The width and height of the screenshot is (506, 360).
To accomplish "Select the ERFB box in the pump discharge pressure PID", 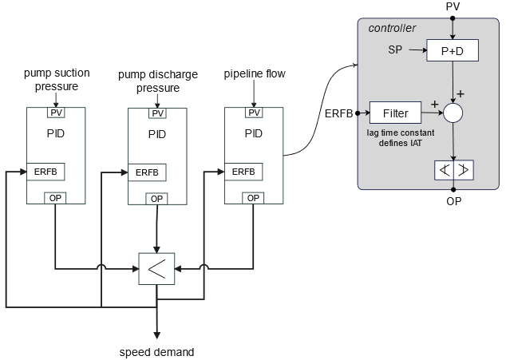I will pyautogui.click(x=147, y=172).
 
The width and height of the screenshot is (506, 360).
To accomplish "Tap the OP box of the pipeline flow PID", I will pyautogui.click(x=252, y=198).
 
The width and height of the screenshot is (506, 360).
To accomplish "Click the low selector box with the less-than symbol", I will pyautogui.click(x=156, y=269).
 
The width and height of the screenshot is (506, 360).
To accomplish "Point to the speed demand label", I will pyautogui.click(x=156, y=351).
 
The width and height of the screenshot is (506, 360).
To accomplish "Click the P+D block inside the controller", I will pyautogui.click(x=452, y=49).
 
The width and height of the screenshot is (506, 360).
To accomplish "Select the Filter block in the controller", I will pyautogui.click(x=395, y=113).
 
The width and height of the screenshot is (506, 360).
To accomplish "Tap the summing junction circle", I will pyautogui.click(x=453, y=113).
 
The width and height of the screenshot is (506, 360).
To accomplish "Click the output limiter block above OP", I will pyautogui.click(x=453, y=169).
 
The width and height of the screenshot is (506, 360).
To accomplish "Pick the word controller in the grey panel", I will pyautogui.click(x=392, y=29).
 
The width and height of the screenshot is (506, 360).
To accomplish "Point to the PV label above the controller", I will pyautogui.click(x=453, y=7).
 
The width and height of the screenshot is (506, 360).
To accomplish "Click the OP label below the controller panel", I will pyautogui.click(x=453, y=201).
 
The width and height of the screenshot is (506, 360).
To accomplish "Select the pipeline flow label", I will pyautogui.click(x=254, y=74).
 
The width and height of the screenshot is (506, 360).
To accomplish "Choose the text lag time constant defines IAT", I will pyautogui.click(x=397, y=136).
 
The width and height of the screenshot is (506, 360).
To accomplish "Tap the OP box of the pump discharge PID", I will pyautogui.click(x=156, y=198).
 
